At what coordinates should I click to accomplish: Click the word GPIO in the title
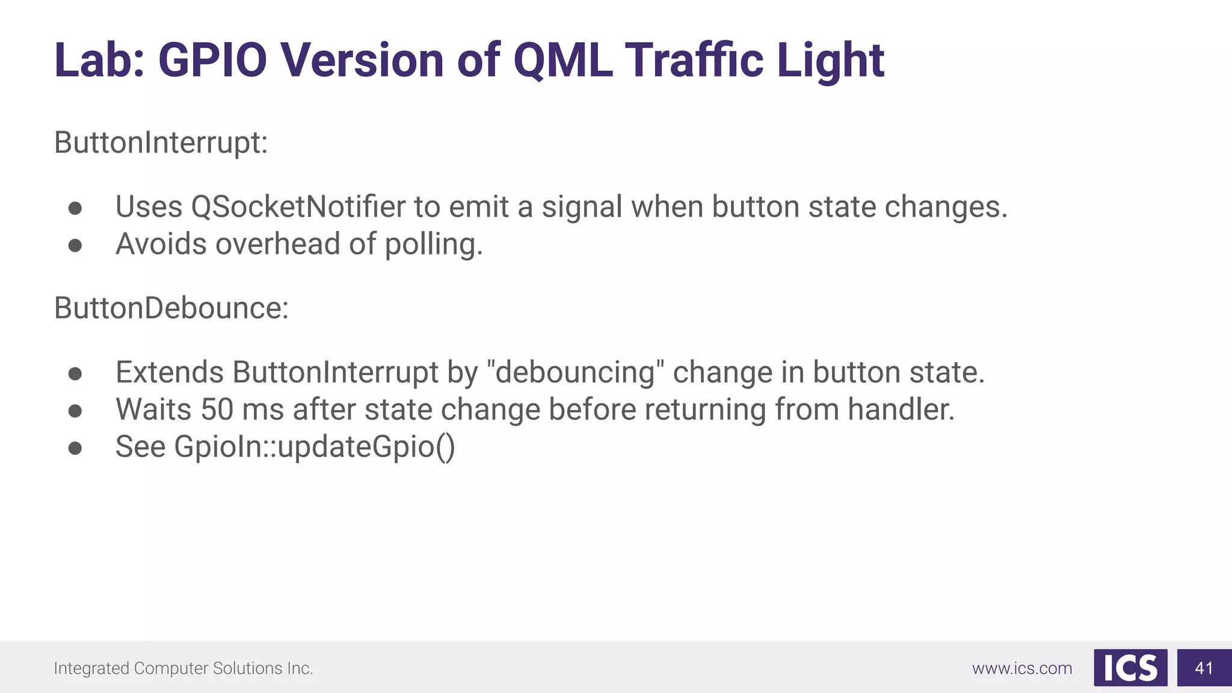pos(212,61)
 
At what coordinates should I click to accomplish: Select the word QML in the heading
pos(563,61)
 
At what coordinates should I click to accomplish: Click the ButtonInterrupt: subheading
pos(161,143)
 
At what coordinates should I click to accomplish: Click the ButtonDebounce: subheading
pos(171,308)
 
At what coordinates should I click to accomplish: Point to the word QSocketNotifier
pos(298,207)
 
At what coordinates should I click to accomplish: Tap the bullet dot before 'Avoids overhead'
pos(75,245)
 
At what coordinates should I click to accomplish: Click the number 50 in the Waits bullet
pos(217,410)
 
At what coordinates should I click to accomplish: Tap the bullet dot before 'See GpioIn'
pos(75,448)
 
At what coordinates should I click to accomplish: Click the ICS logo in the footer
pos(1130,668)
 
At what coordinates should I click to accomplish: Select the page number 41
pos(1204,668)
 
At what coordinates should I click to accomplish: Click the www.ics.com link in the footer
pos(1022,668)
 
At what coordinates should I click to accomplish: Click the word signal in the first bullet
pos(582,207)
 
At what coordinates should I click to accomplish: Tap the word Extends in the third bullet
pos(170,372)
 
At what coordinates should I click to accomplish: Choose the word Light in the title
pos(830,61)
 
